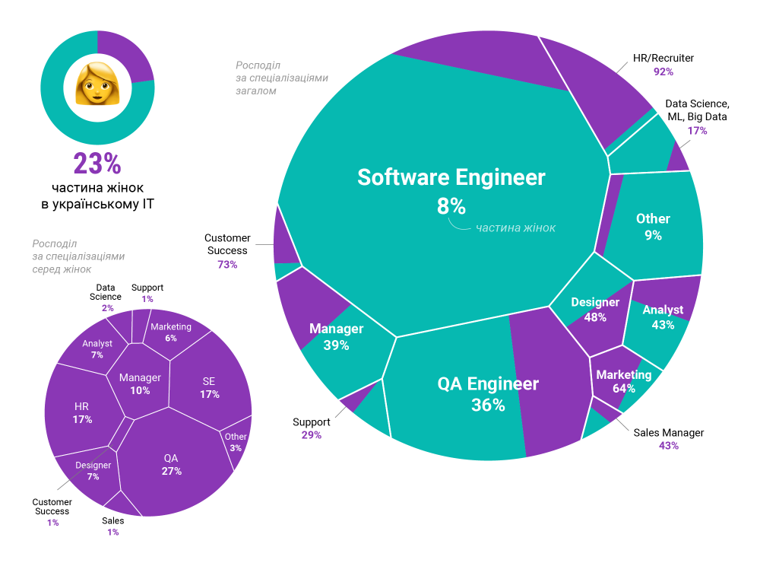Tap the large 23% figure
(x=97, y=164)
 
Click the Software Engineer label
(x=451, y=177)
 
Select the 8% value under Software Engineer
(x=451, y=205)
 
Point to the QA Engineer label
(x=488, y=383)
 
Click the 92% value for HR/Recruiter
(x=663, y=72)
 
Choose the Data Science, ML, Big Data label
(x=697, y=110)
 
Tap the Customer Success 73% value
(x=227, y=265)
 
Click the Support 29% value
(x=312, y=435)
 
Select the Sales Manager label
(x=669, y=432)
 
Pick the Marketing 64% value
(x=624, y=388)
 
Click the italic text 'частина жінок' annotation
(x=515, y=227)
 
